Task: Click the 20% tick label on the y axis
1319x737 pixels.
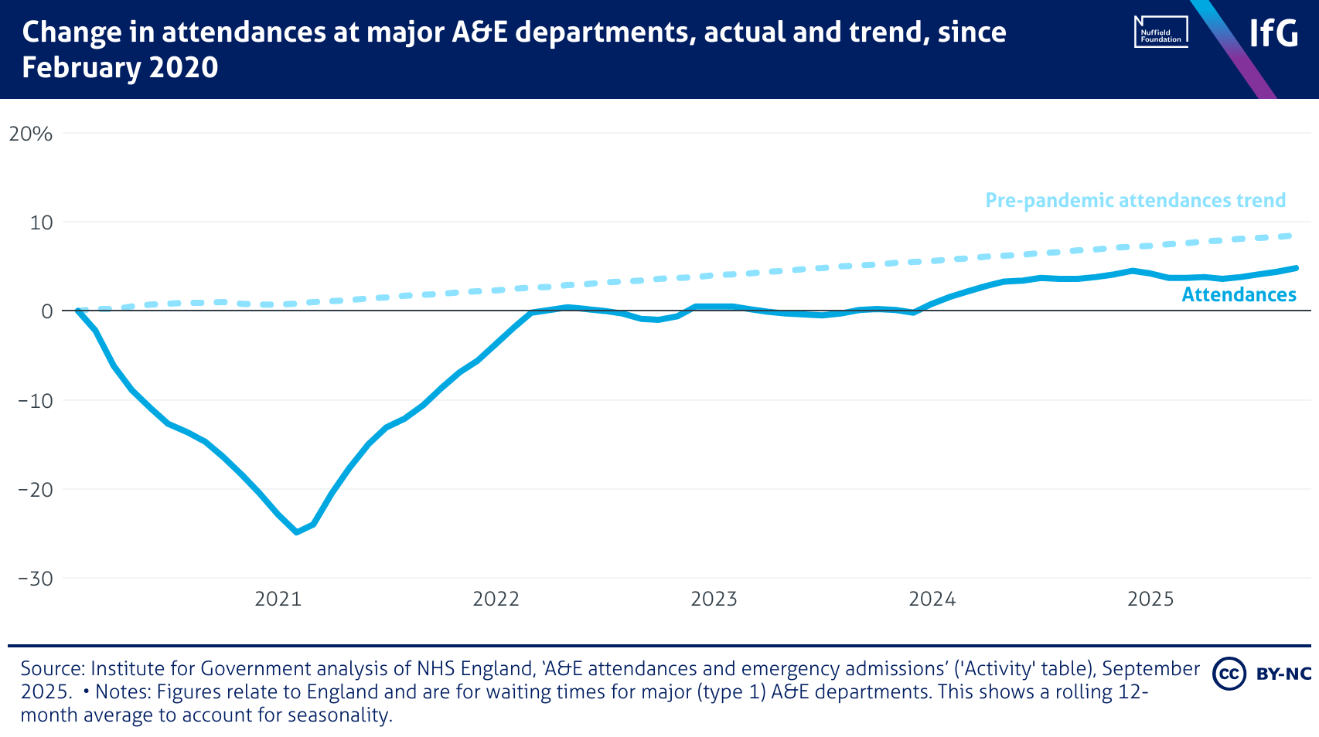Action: coord(30,134)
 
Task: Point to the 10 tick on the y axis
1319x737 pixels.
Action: coord(41,223)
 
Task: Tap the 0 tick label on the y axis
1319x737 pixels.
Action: coord(46,311)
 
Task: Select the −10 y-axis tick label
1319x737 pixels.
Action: coord(36,401)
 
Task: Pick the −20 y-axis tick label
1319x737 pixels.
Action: coord(36,490)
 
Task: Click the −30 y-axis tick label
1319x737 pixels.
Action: coord(36,579)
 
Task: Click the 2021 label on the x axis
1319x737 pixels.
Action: coord(278,599)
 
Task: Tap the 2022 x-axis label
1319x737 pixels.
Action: coord(496,599)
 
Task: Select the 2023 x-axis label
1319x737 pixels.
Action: coord(714,599)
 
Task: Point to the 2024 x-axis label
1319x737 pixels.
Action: coord(932,599)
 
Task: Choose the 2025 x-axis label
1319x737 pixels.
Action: coord(1150,599)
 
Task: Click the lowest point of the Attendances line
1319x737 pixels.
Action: coord(297,532)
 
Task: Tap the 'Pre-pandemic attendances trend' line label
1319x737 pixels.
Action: coord(1135,201)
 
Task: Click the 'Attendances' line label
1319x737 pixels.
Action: coord(1239,294)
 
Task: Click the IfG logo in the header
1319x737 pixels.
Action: coord(1273,33)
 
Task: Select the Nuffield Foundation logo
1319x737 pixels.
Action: coord(1161,32)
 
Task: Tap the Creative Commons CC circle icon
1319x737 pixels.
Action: coord(1229,674)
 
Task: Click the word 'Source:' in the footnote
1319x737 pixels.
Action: coord(53,668)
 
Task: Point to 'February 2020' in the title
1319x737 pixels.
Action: coord(120,68)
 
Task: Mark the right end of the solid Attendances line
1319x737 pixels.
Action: coord(1297,268)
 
